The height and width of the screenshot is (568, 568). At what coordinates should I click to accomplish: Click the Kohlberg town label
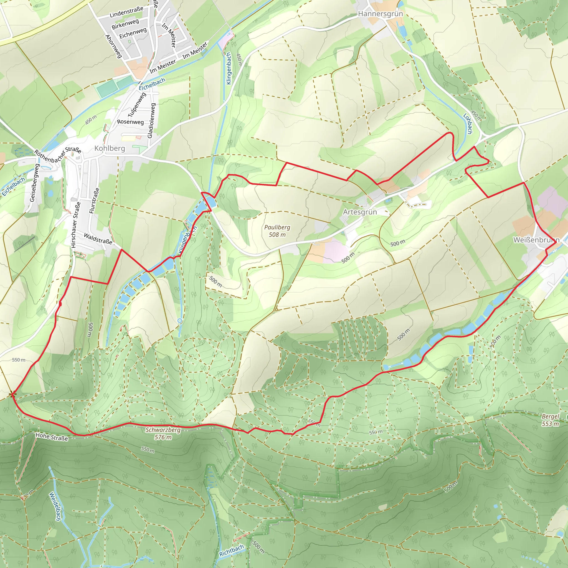tap(110, 148)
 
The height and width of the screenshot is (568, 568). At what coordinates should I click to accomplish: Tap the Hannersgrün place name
tap(380, 14)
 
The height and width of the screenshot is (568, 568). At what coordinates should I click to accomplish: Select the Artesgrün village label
tap(360, 212)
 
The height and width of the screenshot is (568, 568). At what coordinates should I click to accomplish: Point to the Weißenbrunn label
tap(536, 240)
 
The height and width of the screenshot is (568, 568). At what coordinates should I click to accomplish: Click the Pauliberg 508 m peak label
tap(277, 231)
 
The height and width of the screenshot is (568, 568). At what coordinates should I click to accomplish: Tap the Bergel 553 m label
tap(550, 420)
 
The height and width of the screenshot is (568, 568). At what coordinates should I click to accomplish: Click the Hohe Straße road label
tap(52, 437)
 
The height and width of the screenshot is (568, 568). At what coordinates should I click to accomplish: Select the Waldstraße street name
tap(98, 239)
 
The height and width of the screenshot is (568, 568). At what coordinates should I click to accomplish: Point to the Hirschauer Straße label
tap(75, 225)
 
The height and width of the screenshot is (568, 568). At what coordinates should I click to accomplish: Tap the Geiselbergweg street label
tap(34, 182)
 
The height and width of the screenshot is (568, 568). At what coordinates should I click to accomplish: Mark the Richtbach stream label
tap(231, 550)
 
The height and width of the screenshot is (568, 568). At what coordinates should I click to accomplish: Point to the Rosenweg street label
tap(130, 122)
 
